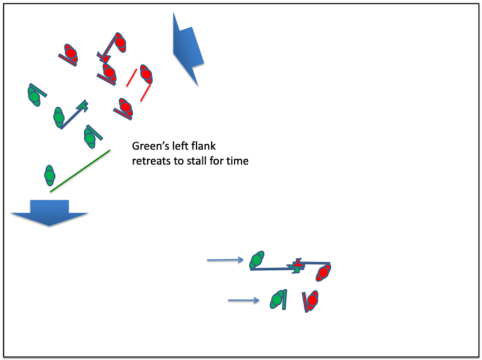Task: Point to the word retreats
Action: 151,161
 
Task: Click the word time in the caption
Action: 237,161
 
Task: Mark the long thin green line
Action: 80,171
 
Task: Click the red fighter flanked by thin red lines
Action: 145,73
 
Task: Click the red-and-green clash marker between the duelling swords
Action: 297,265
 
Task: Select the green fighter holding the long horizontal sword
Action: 257,260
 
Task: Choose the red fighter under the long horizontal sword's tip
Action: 323,272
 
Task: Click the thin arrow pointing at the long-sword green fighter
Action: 225,260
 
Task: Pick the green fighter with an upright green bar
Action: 278,299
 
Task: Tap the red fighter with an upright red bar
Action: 312,300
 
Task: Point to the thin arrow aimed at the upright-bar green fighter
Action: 243,300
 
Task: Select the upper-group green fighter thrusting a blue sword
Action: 59,117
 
